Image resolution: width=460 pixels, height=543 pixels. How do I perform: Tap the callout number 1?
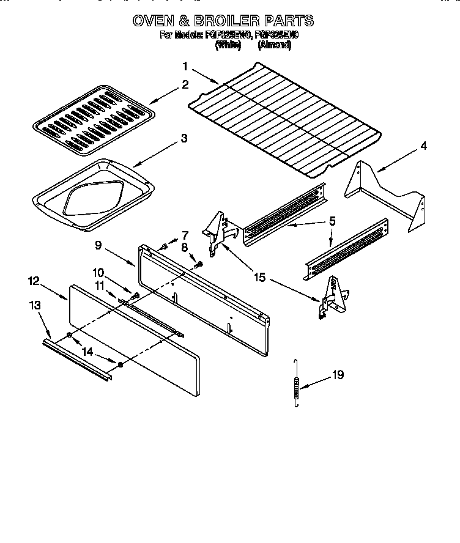point(185,66)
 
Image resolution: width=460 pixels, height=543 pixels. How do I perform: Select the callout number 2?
point(185,85)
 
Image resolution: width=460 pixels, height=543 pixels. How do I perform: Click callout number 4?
point(423,146)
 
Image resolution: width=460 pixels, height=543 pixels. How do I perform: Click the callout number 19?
point(338,376)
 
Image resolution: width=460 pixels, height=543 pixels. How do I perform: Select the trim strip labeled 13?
point(76,361)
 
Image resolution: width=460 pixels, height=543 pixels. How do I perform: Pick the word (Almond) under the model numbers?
point(274,45)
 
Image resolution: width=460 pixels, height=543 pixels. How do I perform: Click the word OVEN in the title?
point(154,20)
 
